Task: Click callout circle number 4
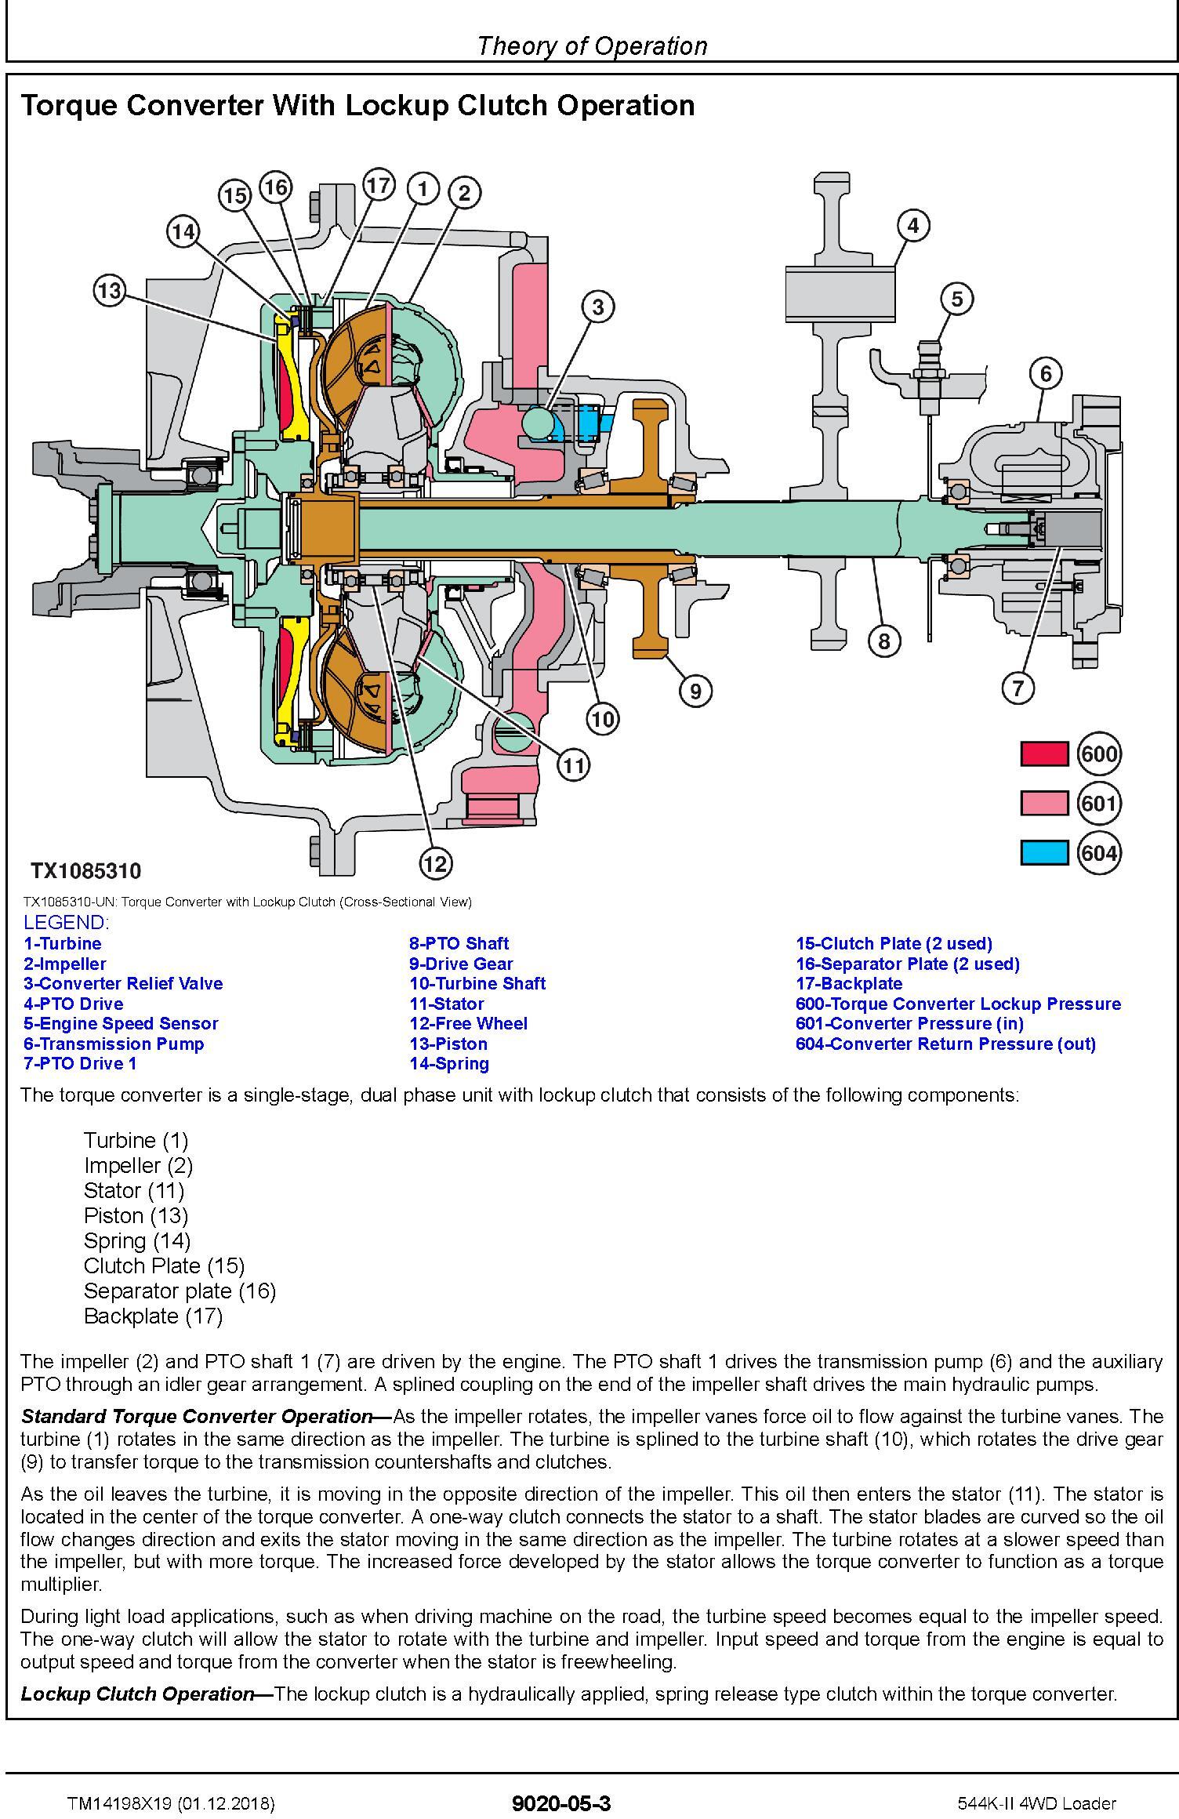pos(912,226)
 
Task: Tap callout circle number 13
pos(109,291)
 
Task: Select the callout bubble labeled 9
pos(695,691)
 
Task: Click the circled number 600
pos(1098,754)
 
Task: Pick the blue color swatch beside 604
pos(1043,852)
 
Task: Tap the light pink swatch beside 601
pos(1043,804)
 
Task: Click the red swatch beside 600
pos(1043,754)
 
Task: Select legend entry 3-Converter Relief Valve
pos(123,983)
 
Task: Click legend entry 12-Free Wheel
pos(468,1023)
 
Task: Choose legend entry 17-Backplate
pos(848,983)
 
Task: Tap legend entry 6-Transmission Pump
pos(114,1044)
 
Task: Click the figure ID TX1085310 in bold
pos(86,871)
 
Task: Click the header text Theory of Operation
pos(592,46)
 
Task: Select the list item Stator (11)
pos(133,1190)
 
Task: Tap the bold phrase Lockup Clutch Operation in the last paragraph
pos(138,1694)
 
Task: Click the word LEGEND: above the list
pos(67,922)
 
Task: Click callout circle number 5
pos(956,298)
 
